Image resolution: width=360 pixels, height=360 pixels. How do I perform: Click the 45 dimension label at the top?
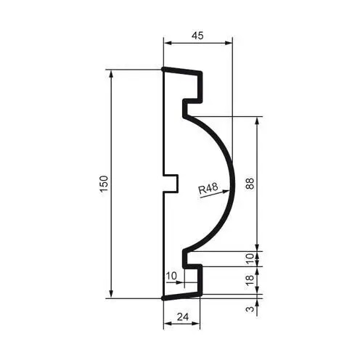tap(197, 36)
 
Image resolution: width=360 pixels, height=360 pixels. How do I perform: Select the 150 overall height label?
tap(104, 184)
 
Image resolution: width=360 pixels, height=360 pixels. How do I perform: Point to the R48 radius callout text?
tap(208, 189)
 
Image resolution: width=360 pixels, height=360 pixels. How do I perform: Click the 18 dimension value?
tap(250, 280)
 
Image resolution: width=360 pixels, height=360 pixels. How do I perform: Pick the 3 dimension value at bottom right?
tap(250, 309)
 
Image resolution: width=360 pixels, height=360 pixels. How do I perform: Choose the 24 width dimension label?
tap(183, 316)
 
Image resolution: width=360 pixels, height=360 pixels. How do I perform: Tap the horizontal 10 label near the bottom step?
tap(171, 276)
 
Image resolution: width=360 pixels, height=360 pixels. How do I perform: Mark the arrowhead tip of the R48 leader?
tap(229, 190)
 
